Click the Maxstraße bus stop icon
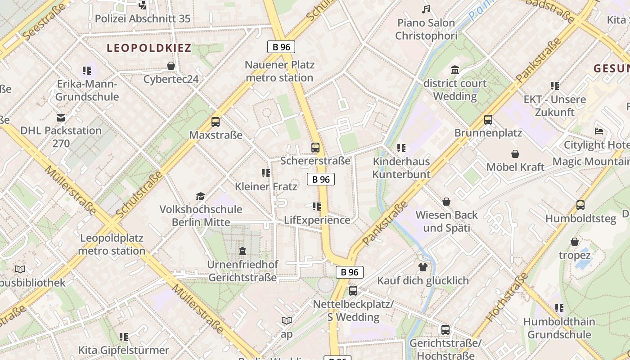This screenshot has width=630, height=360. coord(216,121)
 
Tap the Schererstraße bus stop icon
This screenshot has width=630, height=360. coord(315,147)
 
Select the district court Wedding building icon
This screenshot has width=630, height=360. coord(455,70)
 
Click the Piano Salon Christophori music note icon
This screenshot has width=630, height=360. coord(426,9)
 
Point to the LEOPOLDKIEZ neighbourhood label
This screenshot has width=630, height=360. coord(149,48)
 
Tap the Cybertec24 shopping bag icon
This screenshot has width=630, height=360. coord(171,66)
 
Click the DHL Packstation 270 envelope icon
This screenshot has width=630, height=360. coord(61,118)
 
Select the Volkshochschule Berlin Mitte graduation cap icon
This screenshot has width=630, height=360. coord(200,196)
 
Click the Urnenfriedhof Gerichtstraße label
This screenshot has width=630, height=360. coord(243,271)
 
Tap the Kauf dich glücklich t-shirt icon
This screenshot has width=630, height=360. coord(423,267)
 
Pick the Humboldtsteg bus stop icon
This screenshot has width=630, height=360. coord(580,205)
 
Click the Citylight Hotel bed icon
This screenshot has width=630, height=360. coord(599,131)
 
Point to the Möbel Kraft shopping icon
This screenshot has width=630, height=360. coord(515,154)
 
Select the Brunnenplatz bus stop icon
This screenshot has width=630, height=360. coord(488,120)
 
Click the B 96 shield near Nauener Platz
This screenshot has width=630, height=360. coord(281,47)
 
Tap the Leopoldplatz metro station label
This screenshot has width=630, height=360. coord(112,244)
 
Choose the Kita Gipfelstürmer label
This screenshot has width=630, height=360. coord(124,350)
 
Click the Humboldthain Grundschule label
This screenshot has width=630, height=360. coord(559,328)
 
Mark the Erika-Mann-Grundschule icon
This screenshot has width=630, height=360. coord(87,71)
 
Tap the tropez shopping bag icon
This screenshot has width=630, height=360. coord(575,242)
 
